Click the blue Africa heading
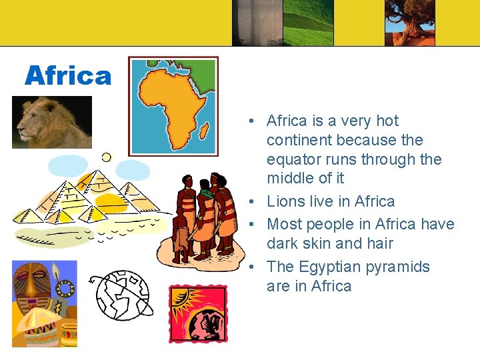click(x=68, y=76)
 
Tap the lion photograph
click(x=52, y=122)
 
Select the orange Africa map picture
click(x=173, y=106)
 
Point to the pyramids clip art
click(x=87, y=197)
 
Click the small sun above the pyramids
click(x=106, y=157)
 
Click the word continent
click(x=297, y=140)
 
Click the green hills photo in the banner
click(x=308, y=23)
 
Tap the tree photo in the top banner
click(x=409, y=23)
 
